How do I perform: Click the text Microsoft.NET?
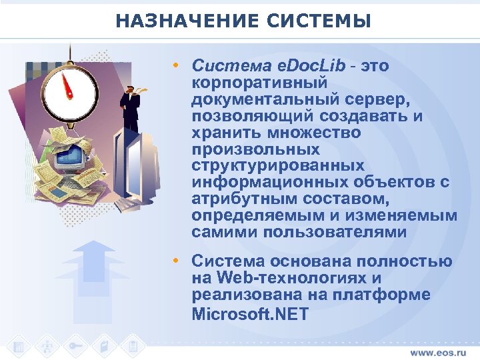(x=250, y=313)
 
